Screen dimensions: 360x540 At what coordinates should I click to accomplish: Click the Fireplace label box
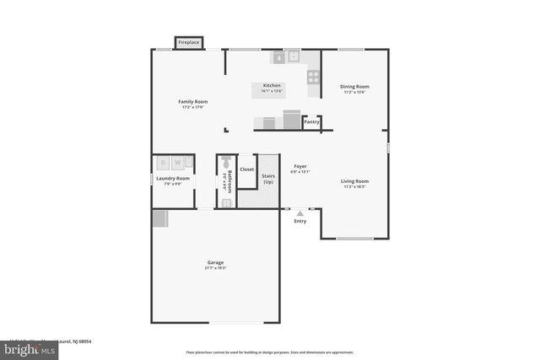point(188,42)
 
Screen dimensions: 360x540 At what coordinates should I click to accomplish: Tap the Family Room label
point(193,102)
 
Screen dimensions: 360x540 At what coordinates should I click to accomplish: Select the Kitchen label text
point(272,85)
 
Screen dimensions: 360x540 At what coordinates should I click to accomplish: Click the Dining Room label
point(354,86)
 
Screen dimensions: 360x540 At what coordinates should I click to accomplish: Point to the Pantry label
point(311,122)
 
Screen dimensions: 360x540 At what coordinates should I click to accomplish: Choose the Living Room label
point(354,180)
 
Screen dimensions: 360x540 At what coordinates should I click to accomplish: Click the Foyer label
point(300,166)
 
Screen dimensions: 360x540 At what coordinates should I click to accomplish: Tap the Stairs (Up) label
point(268,179)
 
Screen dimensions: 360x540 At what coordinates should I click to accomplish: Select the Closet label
point(246,169)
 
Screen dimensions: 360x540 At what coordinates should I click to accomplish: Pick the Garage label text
point(215,262)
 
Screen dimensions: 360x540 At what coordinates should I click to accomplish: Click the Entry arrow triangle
point(300,213)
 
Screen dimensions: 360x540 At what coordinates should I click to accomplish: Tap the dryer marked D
point(165,163)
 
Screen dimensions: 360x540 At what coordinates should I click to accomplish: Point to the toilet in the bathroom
point(225,165)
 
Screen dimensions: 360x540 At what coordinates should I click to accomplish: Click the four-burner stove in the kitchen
point(313,76)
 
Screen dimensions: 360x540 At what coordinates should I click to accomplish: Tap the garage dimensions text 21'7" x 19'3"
point(215,268)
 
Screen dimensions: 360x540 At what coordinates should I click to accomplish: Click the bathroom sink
point(225,202)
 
